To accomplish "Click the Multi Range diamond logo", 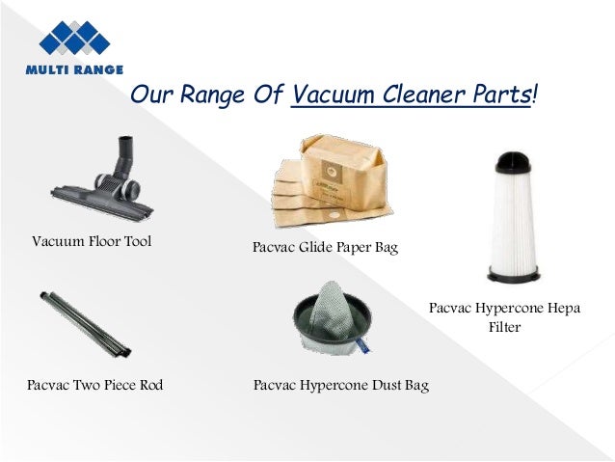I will [x=74, y=38].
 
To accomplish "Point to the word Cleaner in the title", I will [x=422, y=96].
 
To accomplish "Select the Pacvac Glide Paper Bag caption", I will [x=325, y=248].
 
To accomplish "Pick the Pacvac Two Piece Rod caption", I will [x=95, y=386].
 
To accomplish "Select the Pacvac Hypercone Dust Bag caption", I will [x=340, y=386].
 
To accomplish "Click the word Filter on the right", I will [x=503, y=328].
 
